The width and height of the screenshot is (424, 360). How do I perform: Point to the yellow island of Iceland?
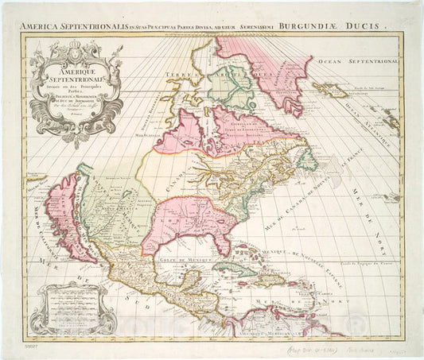click(x=328, y=88)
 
